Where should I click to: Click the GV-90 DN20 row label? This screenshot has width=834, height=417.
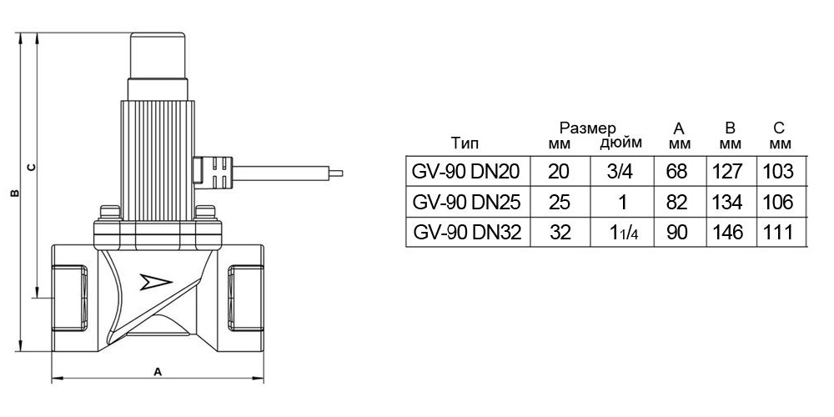point(465,173)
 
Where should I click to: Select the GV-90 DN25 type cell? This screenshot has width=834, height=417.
point(465,203)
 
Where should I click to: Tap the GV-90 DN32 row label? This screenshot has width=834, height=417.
point(465,233)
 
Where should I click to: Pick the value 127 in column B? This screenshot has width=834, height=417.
point(731,173)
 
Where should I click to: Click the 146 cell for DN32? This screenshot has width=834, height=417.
point(731,233)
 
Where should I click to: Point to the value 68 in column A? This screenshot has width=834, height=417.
point(676,173)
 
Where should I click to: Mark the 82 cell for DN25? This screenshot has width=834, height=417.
point(676,203)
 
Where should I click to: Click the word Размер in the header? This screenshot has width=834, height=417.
point(587,128)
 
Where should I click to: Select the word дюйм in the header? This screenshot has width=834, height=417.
point(621,143)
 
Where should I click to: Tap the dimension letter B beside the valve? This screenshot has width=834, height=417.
point(13,193)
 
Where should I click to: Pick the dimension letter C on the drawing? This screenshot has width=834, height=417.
point(31,167)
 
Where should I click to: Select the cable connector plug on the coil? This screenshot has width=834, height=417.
point(216,171)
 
